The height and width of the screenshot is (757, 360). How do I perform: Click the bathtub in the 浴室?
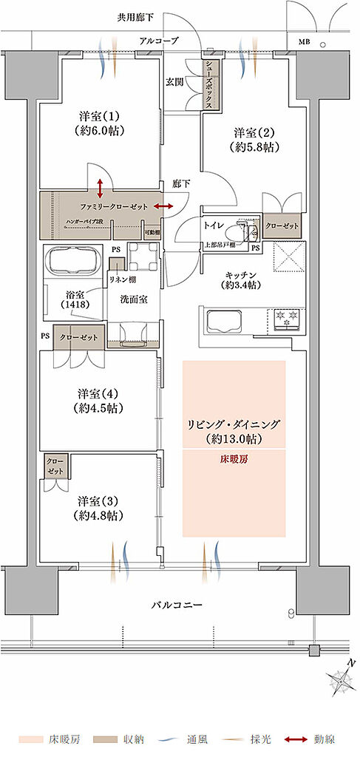[72, 262]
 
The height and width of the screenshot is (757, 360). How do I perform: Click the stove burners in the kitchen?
[285, 319]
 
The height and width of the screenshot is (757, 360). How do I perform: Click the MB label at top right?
[304, 42]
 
